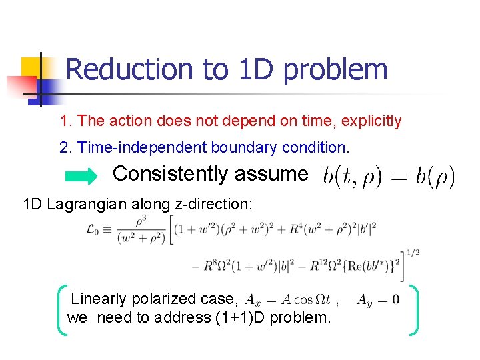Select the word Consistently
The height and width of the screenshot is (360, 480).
[x=170, y=174]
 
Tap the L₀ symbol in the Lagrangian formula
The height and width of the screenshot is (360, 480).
[x=95, y=229]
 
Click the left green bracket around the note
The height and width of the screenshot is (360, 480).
[x=62, y=309]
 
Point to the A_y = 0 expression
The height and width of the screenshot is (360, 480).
[x=378, y=300]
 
